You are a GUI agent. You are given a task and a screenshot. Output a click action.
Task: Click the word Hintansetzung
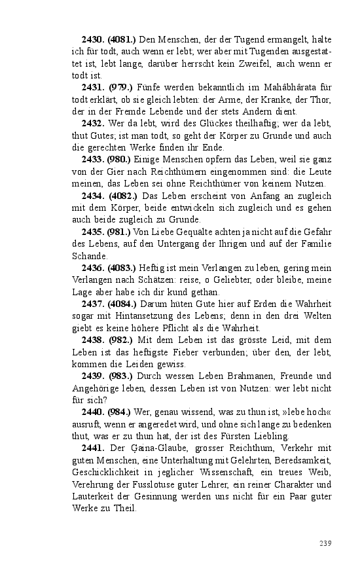pos(139,315)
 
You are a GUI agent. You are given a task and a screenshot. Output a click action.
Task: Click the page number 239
pos(325,543)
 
